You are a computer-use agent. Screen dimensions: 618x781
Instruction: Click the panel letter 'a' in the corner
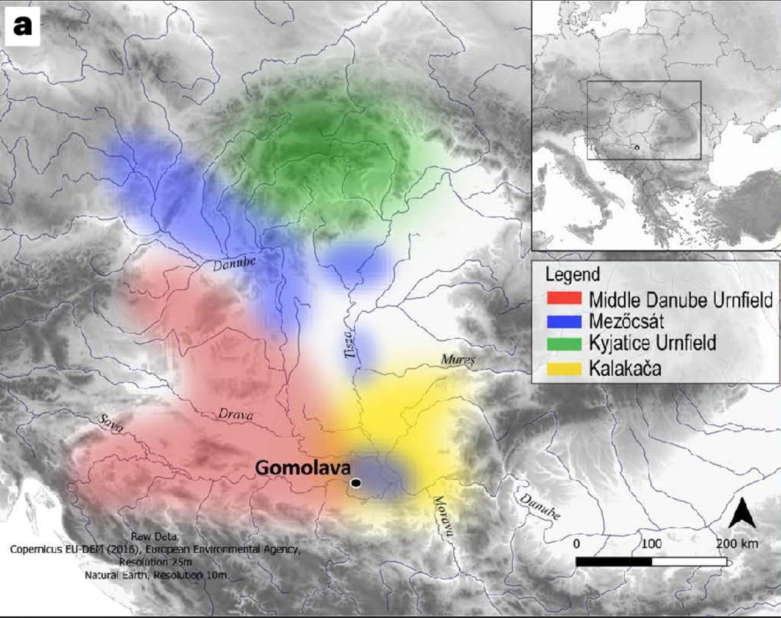[23, 26]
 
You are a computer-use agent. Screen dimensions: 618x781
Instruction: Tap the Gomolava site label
[303, 468]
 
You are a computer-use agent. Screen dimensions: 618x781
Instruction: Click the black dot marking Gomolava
[356, 483]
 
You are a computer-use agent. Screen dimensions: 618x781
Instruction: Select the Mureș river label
[458, 360]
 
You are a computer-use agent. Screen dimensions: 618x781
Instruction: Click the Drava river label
[236, 415]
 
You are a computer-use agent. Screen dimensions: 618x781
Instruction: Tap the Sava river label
[110, 423]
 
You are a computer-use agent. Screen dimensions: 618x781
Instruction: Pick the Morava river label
[443, 516]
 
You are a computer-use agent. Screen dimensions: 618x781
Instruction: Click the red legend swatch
[564, 299]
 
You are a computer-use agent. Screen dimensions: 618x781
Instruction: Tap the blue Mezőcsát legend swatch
[564, 322]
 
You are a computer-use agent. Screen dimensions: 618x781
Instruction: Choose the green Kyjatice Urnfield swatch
[564, 343]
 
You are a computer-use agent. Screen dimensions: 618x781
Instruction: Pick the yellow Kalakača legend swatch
[564, 368]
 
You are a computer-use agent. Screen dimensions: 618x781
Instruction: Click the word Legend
[572, 275]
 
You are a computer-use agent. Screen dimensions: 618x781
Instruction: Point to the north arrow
[742, 513]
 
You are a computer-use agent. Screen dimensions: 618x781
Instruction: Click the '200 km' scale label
[736, 543]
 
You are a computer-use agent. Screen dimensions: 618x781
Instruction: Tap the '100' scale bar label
[651, 543]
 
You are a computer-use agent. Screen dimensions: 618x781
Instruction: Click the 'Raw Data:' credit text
[155, 537]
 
